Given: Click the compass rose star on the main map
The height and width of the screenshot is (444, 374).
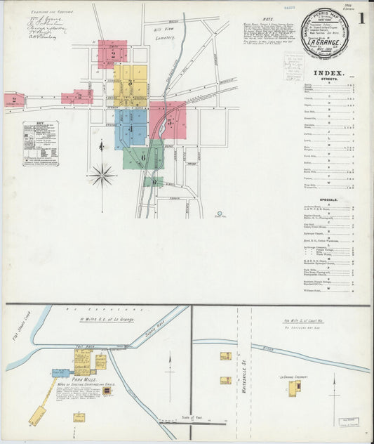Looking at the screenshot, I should [102, 174].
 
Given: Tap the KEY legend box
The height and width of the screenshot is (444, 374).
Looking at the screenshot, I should [40, 143].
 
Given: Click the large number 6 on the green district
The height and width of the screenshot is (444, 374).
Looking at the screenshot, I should [143, 158].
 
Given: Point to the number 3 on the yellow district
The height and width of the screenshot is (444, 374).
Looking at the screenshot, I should [130, 83].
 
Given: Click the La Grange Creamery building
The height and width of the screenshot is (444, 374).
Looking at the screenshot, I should [292, 388].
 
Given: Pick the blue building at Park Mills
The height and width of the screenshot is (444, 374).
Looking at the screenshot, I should [61, 373].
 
